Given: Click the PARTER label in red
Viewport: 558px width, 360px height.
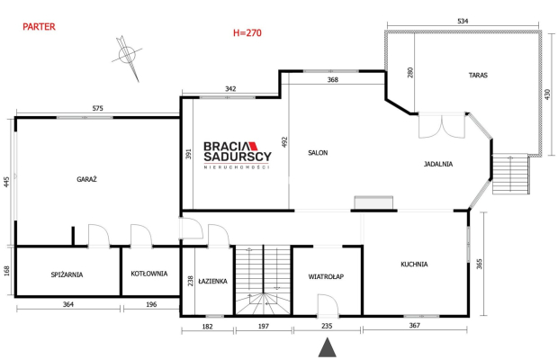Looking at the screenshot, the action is (39, 27).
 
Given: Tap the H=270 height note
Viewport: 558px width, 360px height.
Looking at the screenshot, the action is (247, 32).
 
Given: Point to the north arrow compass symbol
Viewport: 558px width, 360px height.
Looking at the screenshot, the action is (127, 57).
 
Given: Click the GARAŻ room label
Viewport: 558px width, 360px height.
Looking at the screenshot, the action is (86, 179).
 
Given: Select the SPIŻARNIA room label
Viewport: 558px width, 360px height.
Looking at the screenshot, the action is (67, 274).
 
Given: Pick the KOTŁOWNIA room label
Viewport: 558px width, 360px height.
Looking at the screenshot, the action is (149, 274).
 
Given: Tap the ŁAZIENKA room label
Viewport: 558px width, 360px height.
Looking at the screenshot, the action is (212, 281).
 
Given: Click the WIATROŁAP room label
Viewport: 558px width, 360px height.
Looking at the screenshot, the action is (326, 276).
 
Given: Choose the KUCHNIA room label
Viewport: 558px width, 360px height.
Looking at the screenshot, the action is (414, 265).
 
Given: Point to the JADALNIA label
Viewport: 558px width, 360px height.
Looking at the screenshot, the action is (438, 164).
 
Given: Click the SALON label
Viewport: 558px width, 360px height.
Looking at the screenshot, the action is (318, 153).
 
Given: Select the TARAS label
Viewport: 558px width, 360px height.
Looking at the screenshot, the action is (478, 75).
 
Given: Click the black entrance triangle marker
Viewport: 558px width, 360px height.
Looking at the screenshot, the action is (327, 347).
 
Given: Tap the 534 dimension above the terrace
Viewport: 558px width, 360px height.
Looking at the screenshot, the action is (463, 21).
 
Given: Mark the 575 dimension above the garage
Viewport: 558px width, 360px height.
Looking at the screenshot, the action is (97, 108).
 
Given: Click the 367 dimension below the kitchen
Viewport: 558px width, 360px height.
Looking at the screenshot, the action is (415, 325).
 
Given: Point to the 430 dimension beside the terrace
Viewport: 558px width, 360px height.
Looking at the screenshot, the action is (547, 94).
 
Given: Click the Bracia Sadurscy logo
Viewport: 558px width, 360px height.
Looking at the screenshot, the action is (238, 155).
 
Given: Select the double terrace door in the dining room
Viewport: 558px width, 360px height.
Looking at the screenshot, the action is (442, 126).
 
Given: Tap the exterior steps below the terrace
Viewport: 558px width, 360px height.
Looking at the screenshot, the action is (510, 174).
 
